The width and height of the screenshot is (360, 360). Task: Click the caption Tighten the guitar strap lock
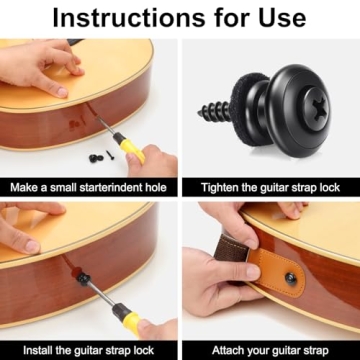tap(269, 187)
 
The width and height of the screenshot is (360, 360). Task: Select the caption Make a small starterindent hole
tap(89, 187)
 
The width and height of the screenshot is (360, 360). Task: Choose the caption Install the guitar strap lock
tap(89, 350)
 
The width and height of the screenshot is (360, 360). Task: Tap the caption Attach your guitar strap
tap(269, 350)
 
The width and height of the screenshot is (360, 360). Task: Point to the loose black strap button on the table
tap(94, 156)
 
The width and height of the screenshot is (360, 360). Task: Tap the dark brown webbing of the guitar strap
tap(240, 249)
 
